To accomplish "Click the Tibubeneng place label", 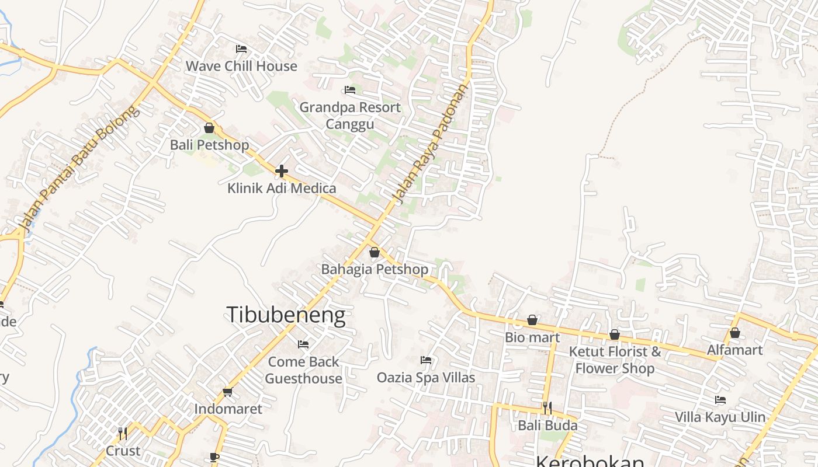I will click(286, 315).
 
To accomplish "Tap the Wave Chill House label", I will click(241, 66).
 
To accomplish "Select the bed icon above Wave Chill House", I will click(241, 48).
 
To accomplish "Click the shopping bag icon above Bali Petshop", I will click(209, 128).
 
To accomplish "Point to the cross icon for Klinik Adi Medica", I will click(282, 171).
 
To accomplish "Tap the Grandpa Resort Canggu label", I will click(350, 116).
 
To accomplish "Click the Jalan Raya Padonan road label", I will click(432, 144).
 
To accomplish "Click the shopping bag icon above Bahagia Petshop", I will click(375, 252).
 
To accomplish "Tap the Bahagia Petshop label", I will click(375, 269).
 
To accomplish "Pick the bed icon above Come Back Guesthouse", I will click(303, 344).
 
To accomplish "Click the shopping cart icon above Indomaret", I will click(228, 392).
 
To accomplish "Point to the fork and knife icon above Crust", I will click(123, 434).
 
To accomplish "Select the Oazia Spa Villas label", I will click(426, 377).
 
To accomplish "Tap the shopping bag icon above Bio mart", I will click(532, 320).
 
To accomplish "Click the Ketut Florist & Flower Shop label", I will click(615, 360).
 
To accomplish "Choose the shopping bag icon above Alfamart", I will click(735, 333).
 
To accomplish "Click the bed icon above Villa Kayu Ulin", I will click(720, 400).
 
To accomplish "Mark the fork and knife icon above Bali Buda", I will click(547, 407).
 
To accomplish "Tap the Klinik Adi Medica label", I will click(282, 188).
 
